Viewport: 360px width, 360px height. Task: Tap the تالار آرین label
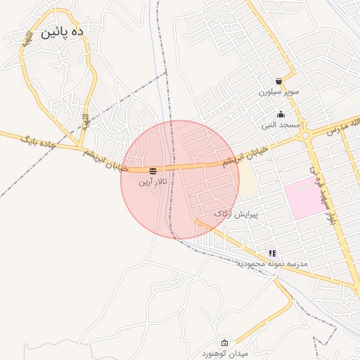tap(153, 182)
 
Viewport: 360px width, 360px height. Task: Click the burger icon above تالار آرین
tap(153, 170)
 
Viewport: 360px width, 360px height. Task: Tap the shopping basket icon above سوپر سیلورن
tap(279, 81)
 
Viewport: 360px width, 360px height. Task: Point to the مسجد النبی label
tap(281, 124)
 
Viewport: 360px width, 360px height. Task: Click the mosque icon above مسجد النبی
tap(281, 114)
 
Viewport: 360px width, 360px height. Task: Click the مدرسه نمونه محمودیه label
tap(271, 263)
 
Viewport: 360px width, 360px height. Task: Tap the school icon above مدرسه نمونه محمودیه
tap(272, 253)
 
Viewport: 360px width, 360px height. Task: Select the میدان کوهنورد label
tap(224, 352)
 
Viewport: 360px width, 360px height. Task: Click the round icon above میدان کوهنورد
tap(224, 342)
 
